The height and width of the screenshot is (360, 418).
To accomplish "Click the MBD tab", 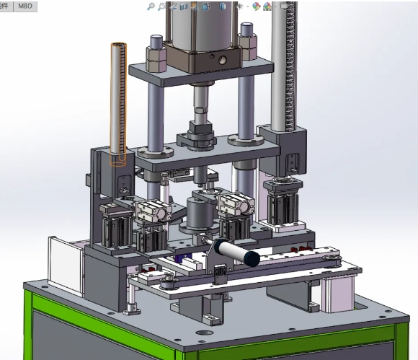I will click(25, 5).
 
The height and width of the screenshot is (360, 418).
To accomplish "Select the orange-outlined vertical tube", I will click(117, 101).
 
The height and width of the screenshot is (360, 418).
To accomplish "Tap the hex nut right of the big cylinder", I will click(249, 47).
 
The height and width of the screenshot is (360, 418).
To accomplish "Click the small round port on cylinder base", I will click(221, 60).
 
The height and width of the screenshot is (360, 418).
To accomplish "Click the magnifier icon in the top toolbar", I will click(151, 6).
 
